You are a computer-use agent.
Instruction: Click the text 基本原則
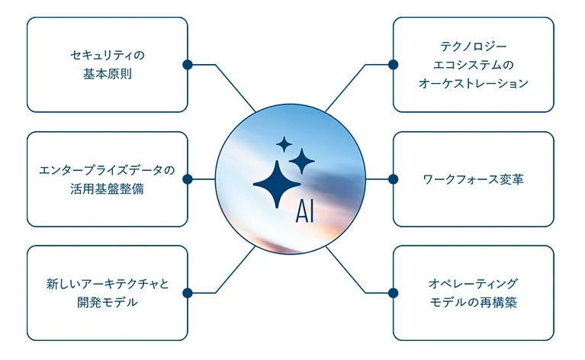click(x=108, y=74)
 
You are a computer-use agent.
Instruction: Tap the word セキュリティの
click(x=108, y=55)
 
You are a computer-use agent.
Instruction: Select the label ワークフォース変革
click(x=473, y=179)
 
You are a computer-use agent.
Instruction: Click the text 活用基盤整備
click(x=108, y=188)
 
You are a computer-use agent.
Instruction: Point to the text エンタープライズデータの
click(x=107, y=171)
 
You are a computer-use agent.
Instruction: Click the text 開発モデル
click(x=108, y=302)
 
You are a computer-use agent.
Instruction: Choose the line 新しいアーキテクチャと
click(x=108, y=284)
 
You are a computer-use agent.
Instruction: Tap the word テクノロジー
click(x=474, y=47)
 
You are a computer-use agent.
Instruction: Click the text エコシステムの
click(x=474, y=65)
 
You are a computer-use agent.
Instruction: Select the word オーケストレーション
click(x=474, y=83)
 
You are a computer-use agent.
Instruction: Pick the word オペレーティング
click(x=474, y=284)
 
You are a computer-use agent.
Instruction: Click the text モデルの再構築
click(x=474, y=302)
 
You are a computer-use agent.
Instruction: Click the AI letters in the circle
click(x=305, y=211)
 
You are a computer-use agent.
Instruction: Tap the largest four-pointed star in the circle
click(x=277, y=185)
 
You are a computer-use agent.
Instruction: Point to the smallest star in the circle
click(x=284, y=144)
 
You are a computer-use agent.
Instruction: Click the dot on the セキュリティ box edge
click(x=188, y=65)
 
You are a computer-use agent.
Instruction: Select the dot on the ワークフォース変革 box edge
click(x=394, y=179)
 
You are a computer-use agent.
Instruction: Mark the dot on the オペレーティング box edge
click(x=394, y=293)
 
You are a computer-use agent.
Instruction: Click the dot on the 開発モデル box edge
click(x=188, y=293)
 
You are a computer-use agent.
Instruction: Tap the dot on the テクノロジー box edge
click(x=394, y=65)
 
